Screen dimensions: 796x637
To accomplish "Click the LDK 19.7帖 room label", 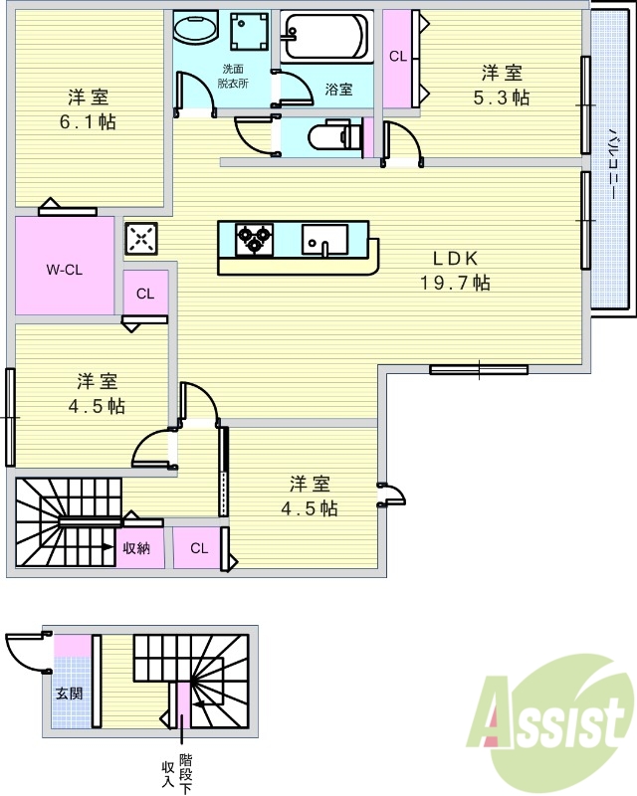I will [454, 270].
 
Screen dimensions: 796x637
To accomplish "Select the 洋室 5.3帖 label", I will [502, 85].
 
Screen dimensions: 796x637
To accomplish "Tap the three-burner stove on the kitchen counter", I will [253, 239].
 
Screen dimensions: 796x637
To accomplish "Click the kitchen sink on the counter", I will [324, 240].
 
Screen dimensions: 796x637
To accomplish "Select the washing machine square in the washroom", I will [249, 33].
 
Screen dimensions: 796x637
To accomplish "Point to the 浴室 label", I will [338, 90].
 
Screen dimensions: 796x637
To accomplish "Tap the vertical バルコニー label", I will [612, 159].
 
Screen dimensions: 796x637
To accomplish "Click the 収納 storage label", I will [136, 548].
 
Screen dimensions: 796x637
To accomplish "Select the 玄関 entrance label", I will [69, 694].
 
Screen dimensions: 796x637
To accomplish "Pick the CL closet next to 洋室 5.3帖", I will [398, 57].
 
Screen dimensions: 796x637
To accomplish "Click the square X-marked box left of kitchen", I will [140, 238].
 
